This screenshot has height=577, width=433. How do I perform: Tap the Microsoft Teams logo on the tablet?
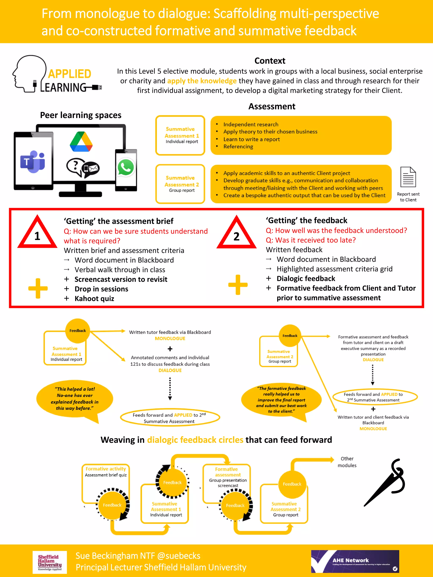[x=33, y=162]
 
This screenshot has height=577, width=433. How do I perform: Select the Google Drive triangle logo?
[x=81, y=142]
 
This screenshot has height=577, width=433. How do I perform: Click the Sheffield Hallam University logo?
[x=50, y=562]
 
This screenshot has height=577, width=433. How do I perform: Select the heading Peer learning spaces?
[x=81, y=115]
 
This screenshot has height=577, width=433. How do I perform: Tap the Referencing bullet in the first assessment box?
[x=238, y=147]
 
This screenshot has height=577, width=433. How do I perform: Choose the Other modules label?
[x=347, y=462]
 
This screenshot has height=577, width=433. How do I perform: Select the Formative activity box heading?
[x=106, y=469]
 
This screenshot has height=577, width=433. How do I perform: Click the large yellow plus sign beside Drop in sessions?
[x=38, y=288]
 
